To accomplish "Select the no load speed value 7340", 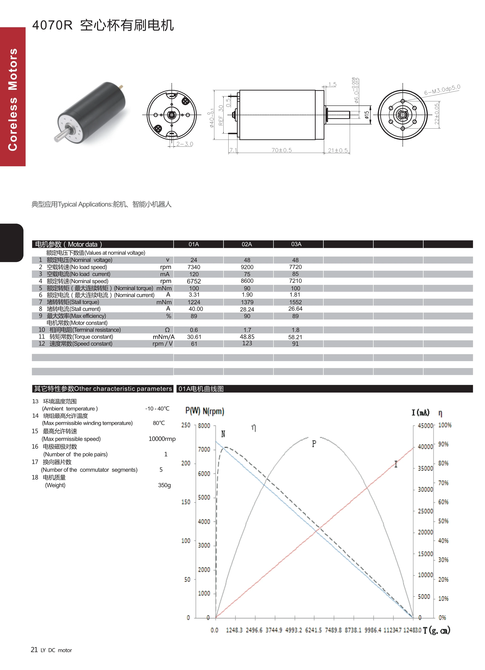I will [x=194, y=267].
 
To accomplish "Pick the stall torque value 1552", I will [x=295, y=302].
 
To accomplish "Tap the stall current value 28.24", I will [x=247, y=309].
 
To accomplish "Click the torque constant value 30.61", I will [x=194, y=337].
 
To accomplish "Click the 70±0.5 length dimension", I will [x=281, y=150].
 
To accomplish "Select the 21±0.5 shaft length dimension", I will [x=338, y=150].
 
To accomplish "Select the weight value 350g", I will [x=164, y=485].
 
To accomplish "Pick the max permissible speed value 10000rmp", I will [x=162, y=439].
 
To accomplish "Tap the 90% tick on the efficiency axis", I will [x=443, y=444].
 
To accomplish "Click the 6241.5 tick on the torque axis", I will [x=313, y=630].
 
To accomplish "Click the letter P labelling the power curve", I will [x=314, y=444].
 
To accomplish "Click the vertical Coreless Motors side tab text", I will [x=13, y=100].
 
